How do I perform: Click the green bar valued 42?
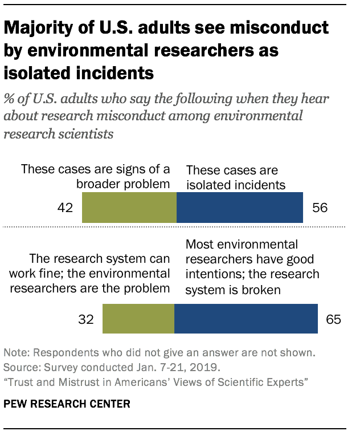pos(129,207)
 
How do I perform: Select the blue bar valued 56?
pos(240,207)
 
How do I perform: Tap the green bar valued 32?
pos(138,318)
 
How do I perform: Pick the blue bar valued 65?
pos(246,318)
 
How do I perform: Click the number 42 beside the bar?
pos(66,208)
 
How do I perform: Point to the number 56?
pos(320,208)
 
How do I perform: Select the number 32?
pos(85,319)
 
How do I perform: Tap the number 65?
pos(333,319)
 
